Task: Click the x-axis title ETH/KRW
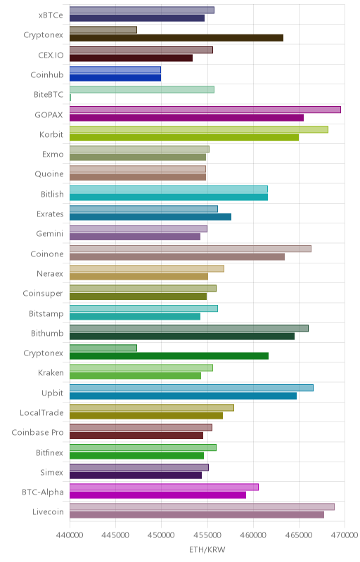tap(207, 549)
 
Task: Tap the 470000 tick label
tap(345, 535)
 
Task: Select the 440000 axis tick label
tap(70, 535)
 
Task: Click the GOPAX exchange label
tap(49, 115)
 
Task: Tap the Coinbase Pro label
tap(38, 433)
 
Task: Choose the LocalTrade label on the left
tap(41, 413)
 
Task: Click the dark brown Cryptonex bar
tap(176, 38)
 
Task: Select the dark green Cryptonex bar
tap(169, 356)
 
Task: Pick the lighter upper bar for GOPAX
tap(205, 110)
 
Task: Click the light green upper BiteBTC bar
tap(142, 90)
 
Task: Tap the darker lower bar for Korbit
tap(184, 137)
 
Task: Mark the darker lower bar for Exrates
tap(150, 217)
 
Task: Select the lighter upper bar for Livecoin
tap(202, 507)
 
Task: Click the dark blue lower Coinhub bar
tap(115, 78)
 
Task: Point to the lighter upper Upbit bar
tap(191, 388)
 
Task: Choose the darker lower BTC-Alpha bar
tap(157, 495)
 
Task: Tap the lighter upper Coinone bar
tap(191, 249)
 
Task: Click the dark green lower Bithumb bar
tap(182, 336)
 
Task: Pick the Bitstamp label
tap(46, 313)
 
